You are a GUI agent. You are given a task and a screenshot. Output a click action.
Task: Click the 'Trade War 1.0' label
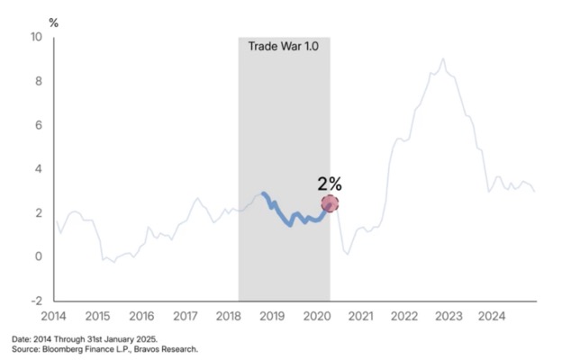coord(284,45)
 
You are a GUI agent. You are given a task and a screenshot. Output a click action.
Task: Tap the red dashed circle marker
coord(330,204)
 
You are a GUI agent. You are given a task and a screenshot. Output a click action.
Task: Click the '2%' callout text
coord(330,184)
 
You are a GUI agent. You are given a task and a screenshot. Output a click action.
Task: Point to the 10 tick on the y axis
coord(36,38)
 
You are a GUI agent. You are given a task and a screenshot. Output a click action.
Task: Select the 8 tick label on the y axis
coord(38,81)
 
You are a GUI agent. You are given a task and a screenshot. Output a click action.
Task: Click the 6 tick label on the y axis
coord(38,125)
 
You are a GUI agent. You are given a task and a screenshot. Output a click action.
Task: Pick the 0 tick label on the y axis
coord(38,256)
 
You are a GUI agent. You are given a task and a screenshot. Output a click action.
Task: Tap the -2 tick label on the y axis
coord(35,300)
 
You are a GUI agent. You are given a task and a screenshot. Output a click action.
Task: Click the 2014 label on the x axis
coord(53,316)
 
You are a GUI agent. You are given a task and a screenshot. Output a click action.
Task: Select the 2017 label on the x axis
coord(185,316)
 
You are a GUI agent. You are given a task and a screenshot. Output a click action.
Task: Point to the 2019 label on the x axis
coord(273,316)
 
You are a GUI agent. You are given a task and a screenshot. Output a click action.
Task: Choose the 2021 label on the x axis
coord(360,316)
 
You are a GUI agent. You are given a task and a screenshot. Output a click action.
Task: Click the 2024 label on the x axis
coord(492,316)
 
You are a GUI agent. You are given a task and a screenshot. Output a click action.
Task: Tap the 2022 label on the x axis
coord(404,316)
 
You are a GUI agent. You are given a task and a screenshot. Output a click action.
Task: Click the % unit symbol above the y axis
coord(53,21)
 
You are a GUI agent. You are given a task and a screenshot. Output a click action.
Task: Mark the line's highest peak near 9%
coord(442,59)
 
